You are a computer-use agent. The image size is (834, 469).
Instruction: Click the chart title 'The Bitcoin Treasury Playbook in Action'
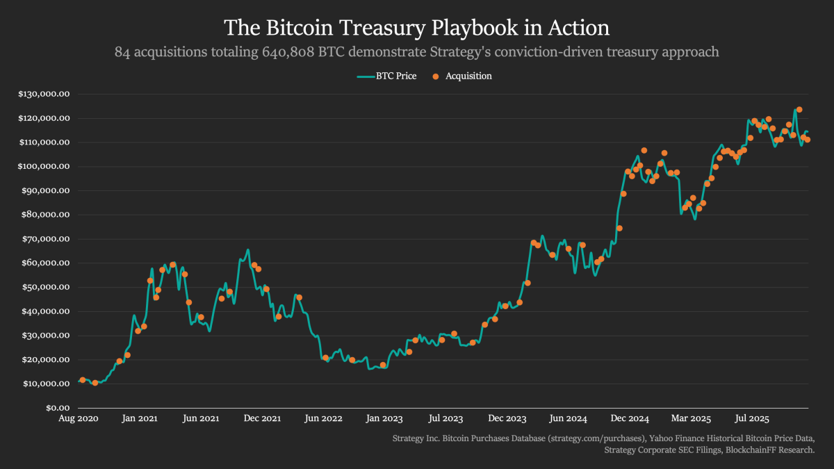(416, 28)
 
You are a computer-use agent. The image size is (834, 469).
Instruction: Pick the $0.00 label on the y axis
(56, 408)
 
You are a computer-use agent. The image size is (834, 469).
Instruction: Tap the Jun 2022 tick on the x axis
(324, 419)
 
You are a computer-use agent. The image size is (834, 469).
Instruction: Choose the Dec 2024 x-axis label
(630, 419)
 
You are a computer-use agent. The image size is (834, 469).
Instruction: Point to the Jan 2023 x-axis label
(384, 419)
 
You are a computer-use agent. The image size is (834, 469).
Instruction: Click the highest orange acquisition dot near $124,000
(799, 110)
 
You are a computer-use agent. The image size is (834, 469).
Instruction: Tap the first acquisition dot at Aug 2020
(83, 380)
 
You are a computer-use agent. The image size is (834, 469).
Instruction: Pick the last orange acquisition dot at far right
(808, 140)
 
